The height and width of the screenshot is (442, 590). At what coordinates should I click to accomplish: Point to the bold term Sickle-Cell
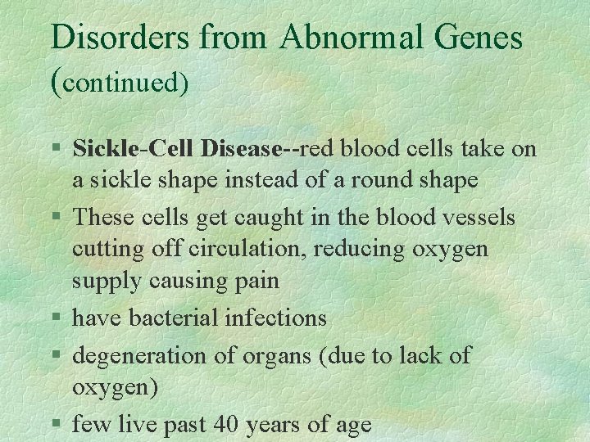coord(125,149)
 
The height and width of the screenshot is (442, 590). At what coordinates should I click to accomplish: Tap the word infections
coord(275,317)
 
